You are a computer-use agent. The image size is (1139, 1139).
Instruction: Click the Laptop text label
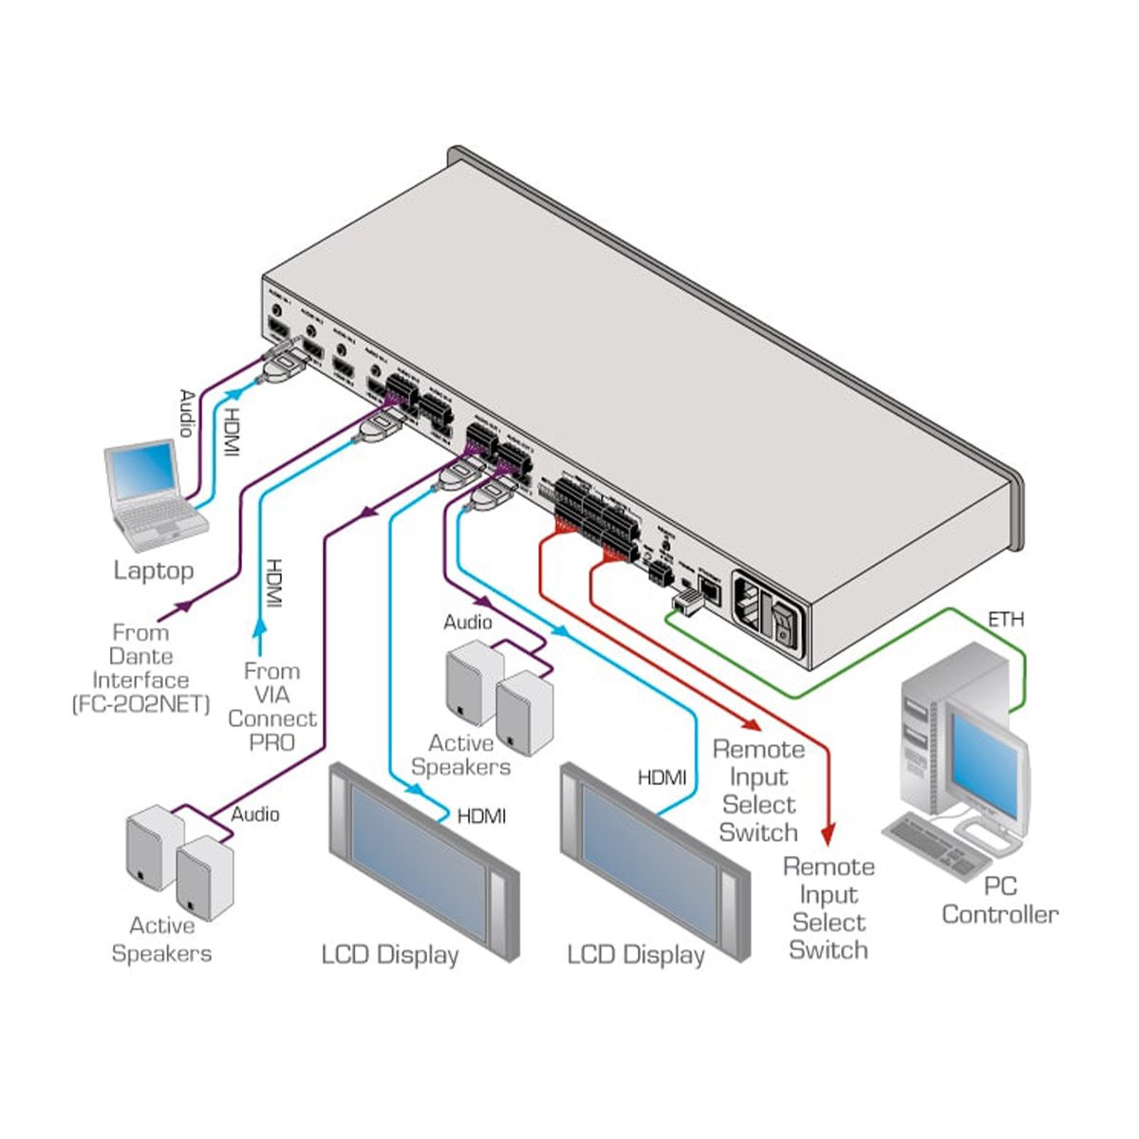[x=154, y=570]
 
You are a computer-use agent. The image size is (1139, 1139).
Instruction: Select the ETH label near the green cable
[x=1006, y=620]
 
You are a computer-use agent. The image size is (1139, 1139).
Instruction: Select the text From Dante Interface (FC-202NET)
[x=141, y=668]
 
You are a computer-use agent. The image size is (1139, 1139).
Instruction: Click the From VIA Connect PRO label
[x=272, y=706]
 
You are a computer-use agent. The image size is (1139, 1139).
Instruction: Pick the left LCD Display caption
[x=390, y=954]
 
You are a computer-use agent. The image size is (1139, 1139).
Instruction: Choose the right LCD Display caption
[x=636, y=954]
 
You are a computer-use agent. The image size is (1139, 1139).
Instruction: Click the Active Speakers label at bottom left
[x=161, y=939]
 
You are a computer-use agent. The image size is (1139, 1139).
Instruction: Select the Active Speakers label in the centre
[x=461, y=755]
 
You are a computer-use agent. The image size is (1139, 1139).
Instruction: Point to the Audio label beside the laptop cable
[x=188, y=413]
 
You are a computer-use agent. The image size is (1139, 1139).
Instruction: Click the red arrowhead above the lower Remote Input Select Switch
[x=829, y=836]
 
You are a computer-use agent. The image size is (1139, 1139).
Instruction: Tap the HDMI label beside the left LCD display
[x=481, y=815]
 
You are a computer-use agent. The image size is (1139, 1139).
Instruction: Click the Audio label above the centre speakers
[x=468, y=622]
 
